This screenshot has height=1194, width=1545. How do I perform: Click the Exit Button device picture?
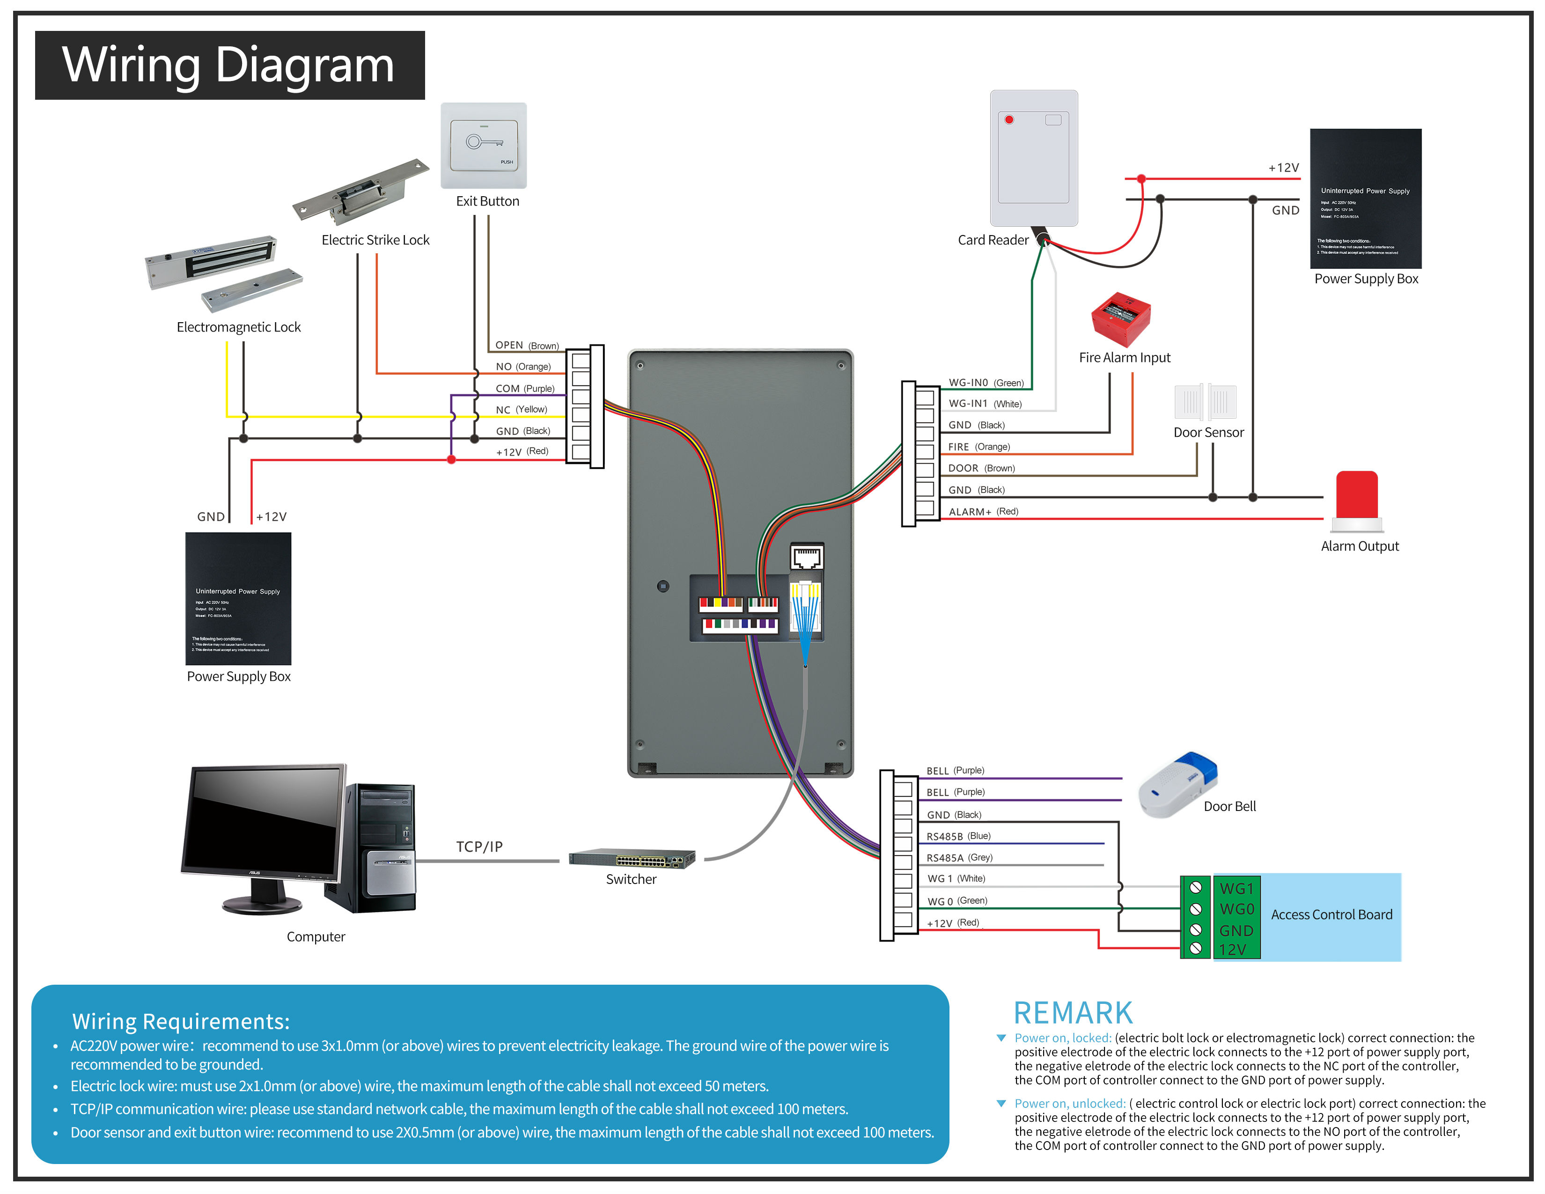tap(484, 145)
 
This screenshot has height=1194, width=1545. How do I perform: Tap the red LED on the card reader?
tap(1009, 119)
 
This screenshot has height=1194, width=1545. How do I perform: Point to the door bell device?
tap(1178, 784)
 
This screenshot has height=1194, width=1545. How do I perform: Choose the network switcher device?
tap(632, 858)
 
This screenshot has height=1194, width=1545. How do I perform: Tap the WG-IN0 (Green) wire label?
tap(986, 383)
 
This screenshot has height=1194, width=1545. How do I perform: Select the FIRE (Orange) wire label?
tap(979, 447)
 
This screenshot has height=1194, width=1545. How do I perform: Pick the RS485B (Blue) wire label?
tap(958, 836)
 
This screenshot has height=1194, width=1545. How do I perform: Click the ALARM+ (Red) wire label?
tap(983, 511)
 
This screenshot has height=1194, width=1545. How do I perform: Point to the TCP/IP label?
tap(479, 847)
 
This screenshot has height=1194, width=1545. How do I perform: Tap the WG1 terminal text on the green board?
tap(1236, 888)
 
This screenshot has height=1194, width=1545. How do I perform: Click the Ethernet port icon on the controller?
tap(807, 557)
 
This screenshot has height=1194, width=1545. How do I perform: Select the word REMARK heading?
tap(1073, 1013)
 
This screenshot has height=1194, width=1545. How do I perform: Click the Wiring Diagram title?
tap(228, 65)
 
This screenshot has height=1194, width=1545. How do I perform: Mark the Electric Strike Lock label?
tap(375, 240)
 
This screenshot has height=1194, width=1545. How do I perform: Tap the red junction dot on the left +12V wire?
tap(451, 460)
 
